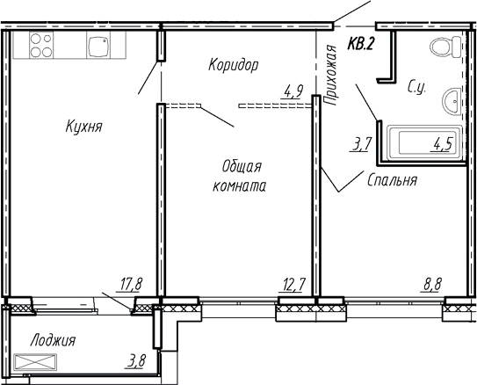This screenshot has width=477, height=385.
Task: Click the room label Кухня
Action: [x=84, y=127]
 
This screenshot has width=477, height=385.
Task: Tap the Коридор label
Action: [x=233, y=65]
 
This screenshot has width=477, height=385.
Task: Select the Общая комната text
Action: [x=239, y=176]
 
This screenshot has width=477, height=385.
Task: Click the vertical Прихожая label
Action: [x=331, y=76]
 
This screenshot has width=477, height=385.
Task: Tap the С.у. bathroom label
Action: [x=417, y=87]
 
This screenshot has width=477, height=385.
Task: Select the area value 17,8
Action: [x=129, y=283]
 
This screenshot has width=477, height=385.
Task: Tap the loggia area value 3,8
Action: [x=136, y=361]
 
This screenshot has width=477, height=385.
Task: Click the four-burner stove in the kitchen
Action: [x=40, y=45]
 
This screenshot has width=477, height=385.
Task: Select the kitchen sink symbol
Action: [x=97, y=46]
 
